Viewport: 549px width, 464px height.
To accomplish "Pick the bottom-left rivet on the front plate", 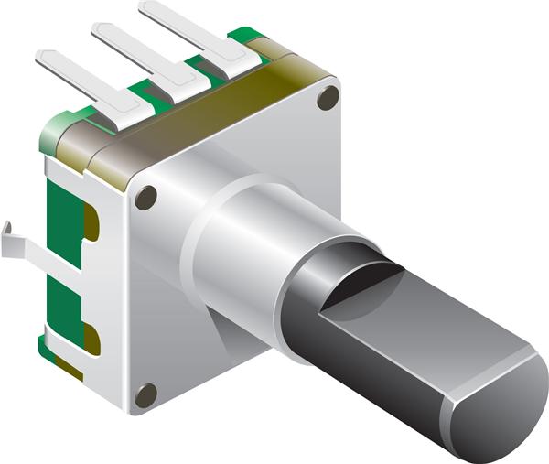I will click(145, 395).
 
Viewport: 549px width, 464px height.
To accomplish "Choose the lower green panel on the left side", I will click(62, 307).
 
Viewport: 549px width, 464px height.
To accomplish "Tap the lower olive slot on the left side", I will click(91, 337).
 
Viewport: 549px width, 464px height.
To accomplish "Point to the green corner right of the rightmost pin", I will click(245, 36).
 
